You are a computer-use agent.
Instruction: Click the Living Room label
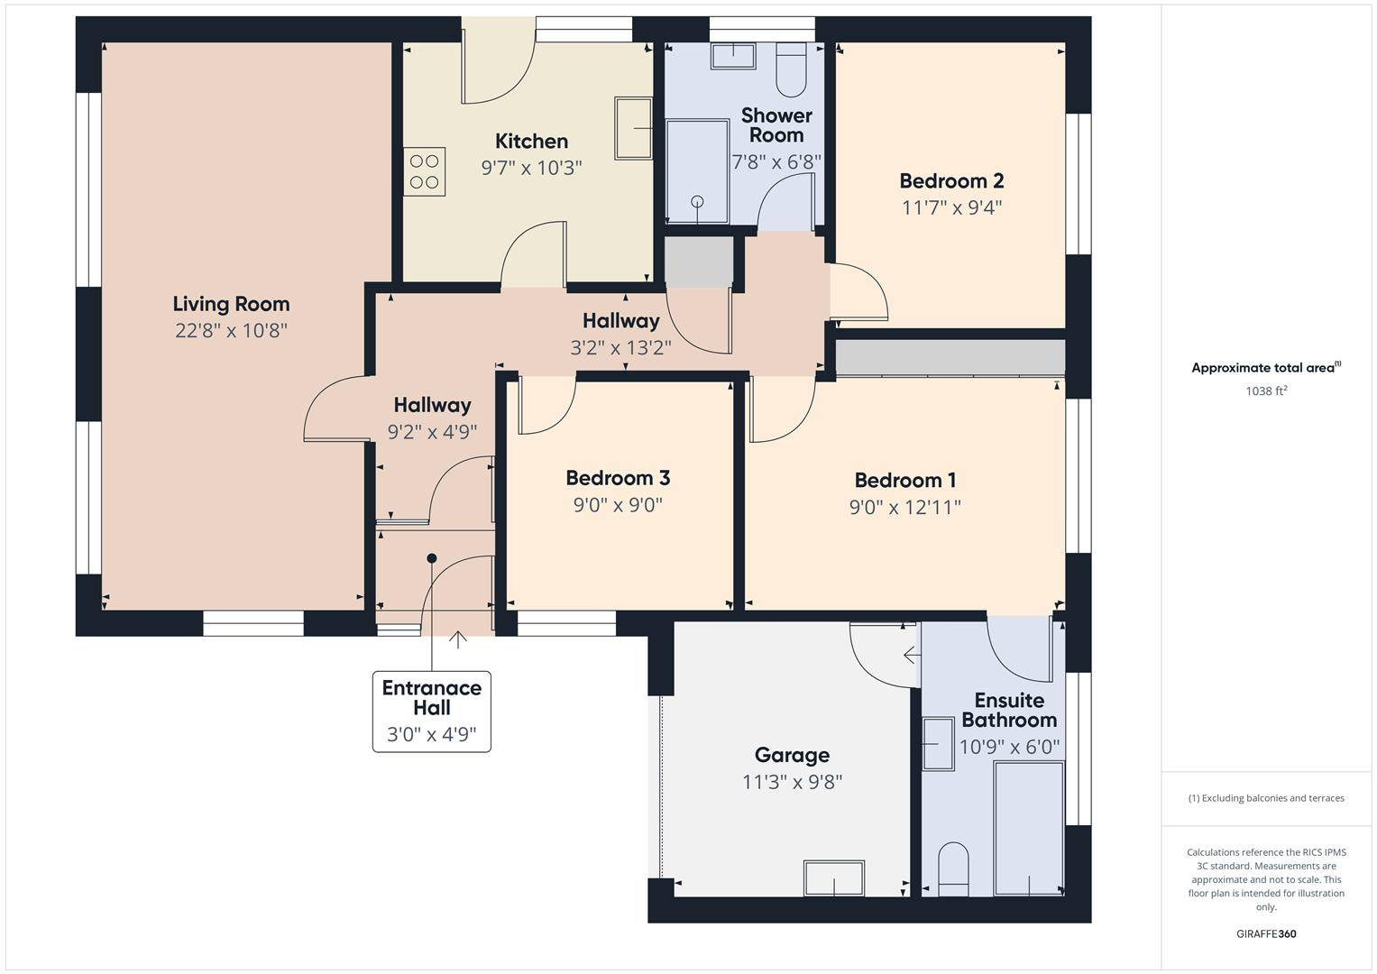coord(231,304)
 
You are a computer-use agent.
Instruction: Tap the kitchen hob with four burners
coord(424,171)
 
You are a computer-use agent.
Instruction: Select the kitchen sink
coord(634,128)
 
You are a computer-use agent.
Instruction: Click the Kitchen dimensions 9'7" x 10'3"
coord(531,168)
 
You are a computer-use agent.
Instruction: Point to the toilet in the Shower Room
coord(791,69)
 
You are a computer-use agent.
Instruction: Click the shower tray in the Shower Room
coord(697,171)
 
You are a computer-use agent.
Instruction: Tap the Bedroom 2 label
coord(951,181)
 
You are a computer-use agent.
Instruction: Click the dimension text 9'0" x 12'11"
coord(904,508)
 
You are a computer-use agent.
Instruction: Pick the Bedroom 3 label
coord(618,478)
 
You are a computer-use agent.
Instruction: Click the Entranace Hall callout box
coord(432,711)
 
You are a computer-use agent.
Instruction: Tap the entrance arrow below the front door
coord(458,639)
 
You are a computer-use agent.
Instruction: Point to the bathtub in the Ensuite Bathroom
coord(1028,827)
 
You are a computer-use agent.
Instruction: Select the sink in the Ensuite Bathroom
coord(938,744)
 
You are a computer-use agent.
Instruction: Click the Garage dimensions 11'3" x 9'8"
coord(792,782)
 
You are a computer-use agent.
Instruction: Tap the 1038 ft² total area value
coord(1265,391)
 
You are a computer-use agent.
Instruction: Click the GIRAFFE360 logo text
coord(1265,934)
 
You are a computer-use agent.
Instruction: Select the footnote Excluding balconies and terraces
coord(1265,798)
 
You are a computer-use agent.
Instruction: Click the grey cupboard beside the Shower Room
coord(699,262)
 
